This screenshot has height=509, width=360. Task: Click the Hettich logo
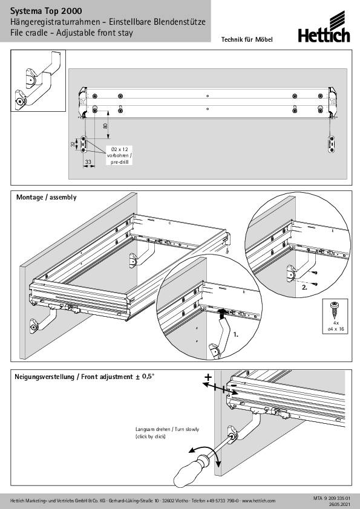tap(324, 27)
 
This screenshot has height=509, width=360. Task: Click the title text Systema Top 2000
tap(46, 11)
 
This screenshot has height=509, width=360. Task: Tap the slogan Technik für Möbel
tap(247, 40)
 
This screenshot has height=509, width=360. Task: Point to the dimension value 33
tap(88, 161)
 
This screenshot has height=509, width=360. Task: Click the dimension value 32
tap(73, 144)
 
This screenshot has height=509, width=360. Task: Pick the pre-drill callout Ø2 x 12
tap(120, 149)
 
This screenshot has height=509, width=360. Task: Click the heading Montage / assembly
tap(47, 197)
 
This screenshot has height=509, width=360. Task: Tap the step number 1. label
tap(236, 334)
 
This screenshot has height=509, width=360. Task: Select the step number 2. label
tap(305, 287)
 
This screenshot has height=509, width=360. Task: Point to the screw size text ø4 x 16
tap(335, 329)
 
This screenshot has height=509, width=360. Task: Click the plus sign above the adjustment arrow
tap(208, 377)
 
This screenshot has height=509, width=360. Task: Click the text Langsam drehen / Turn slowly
tap(167, 429)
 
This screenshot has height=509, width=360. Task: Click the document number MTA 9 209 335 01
tap(332, 498)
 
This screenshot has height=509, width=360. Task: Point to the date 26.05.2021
tap(340, 504)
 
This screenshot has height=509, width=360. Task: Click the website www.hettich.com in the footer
tap(258, 501)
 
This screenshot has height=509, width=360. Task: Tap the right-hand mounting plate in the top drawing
tap(332, 144)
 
